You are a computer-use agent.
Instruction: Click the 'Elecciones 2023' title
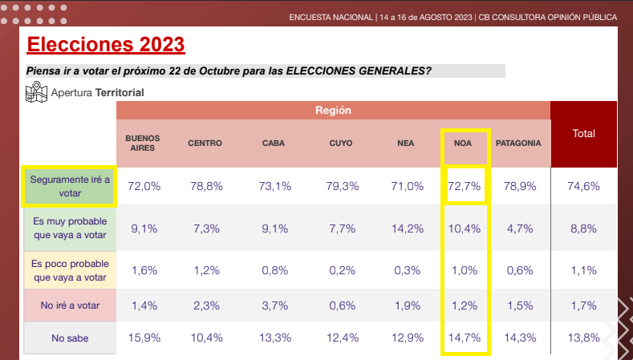[x=106, y=44]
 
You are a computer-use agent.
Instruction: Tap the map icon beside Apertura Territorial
[x=36, y=92]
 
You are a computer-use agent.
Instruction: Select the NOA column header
[x=463, y=144]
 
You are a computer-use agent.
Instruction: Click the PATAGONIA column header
[x=518, y=144]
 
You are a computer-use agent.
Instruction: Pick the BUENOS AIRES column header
[x=143, y=144]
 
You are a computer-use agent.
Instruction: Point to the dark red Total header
[x=584, y=134]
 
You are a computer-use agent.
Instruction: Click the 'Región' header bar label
[x=333, y=110]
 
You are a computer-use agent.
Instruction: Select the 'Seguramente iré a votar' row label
[x=70, y=186]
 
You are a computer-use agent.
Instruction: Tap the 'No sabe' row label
[x=70, y=338]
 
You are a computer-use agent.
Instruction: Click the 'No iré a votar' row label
[x=70, y=305]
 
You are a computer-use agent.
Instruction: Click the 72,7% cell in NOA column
[x=465, y=186]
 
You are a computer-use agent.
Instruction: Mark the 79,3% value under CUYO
[x=343, y=186]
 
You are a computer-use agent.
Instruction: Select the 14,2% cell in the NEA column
[x=408, y=229]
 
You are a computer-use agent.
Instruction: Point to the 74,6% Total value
[x=583, y=186]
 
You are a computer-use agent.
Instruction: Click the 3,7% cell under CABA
[x=275, y=305]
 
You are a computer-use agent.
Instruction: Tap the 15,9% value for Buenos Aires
[x=144, y=338]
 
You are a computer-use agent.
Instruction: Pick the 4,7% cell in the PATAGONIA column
[x=520, y=229]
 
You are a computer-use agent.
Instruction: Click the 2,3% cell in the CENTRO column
[x=206, y=305]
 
